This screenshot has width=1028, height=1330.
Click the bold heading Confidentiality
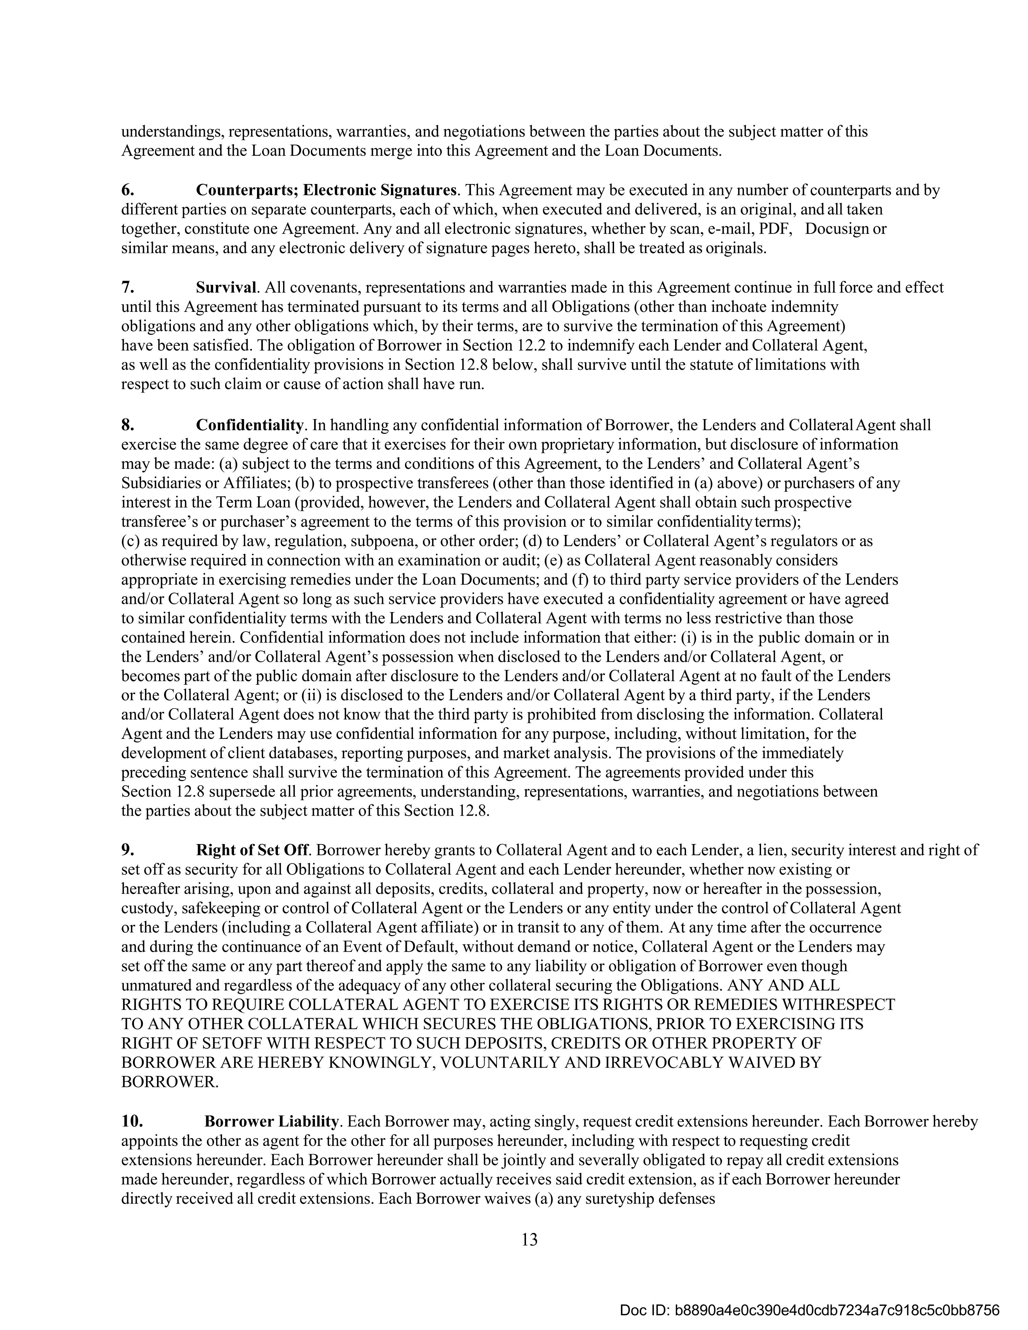250,425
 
